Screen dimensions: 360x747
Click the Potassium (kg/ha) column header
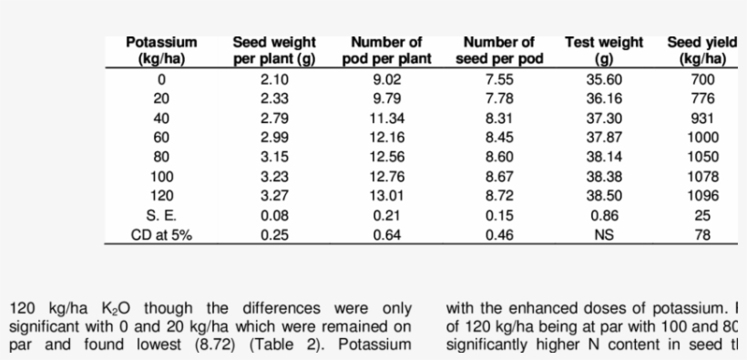[161, 51]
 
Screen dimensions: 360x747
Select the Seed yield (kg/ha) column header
[701, 51]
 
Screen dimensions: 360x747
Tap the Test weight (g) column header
[603, 51]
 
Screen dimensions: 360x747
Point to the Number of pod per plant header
[386, 51]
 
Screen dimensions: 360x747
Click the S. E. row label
[161, 216]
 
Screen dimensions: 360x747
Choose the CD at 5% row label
[161, 235]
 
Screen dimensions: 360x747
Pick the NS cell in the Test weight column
[603, 235]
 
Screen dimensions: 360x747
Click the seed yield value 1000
[702, 138]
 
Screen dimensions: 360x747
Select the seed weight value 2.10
[274, 79]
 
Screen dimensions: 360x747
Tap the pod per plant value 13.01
[386, 196]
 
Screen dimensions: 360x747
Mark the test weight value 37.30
[603, 118]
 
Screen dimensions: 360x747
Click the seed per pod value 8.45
[499, 138]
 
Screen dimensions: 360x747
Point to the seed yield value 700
[702, 79]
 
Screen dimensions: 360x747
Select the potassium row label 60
[161, 138]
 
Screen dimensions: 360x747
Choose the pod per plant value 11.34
[386, 118]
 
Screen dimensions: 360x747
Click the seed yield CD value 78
[702, 235]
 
